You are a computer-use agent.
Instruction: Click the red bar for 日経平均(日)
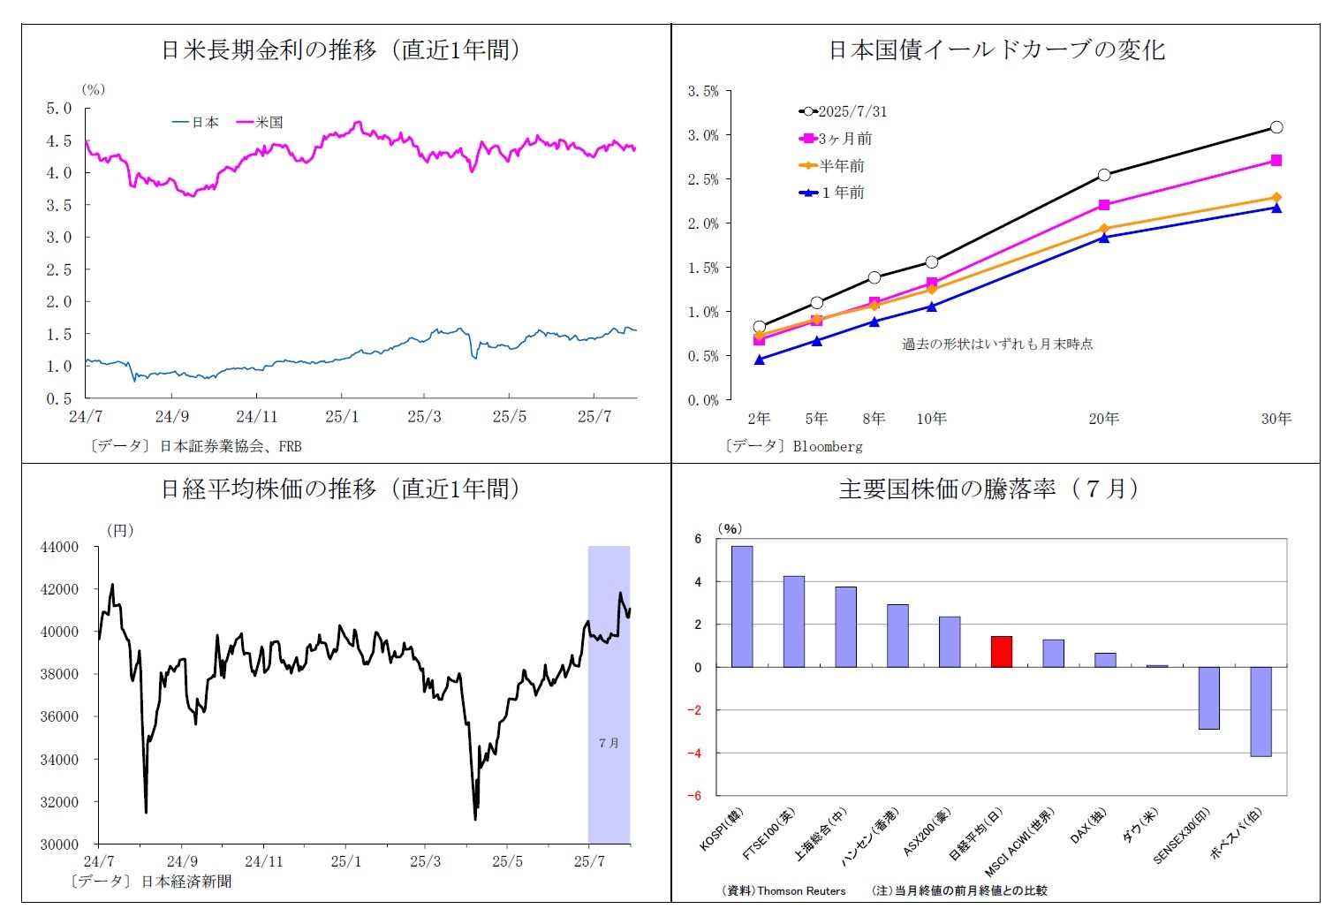(x=1001, y=652)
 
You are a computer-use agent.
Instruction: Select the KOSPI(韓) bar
(x=742, y=607)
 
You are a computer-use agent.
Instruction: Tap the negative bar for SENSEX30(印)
(x=1208, y=698)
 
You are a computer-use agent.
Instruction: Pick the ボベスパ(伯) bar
(x=1261, y=711)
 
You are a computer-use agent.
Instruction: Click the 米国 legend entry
(x=261, y=123)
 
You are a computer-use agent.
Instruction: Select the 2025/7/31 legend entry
(x=844, y=111)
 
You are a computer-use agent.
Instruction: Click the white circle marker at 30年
(x=1276, y=127)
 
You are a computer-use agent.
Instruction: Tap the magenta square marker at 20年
(x=1104, y=205)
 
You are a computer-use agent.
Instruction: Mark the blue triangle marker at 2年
(x=760, y=360)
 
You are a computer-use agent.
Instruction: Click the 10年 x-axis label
(x=931, y=419)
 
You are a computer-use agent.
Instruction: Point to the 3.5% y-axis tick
(x=703, y=91)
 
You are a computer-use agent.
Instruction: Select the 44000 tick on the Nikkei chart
(x=59, y=548)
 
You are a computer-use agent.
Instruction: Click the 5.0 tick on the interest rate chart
(x=59, y=109)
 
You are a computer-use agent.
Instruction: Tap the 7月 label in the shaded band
(x=609, y=743)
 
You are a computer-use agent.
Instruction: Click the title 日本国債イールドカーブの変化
(x=996, y=50)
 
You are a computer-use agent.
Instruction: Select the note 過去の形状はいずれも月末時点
(x=997, y=345)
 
